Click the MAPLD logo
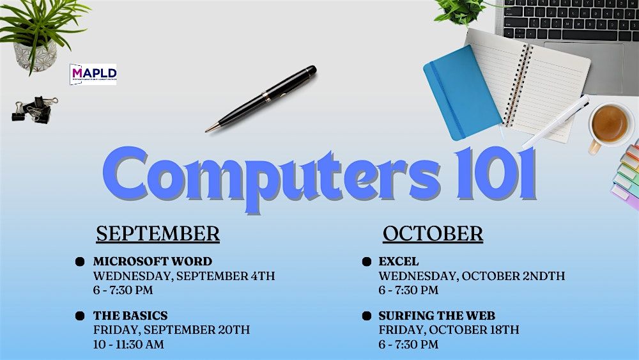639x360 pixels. pos(93,74)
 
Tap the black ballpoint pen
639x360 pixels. pos(261,98)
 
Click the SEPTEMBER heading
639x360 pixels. pos(158,233)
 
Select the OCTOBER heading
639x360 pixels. pos(433,233)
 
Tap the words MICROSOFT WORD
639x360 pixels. pos(153,262)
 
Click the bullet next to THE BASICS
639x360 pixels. pos(80,316)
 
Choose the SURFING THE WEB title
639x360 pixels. pos(436,316)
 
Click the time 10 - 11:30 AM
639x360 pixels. pos(128,344)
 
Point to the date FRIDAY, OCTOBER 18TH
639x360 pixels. pos(449,330)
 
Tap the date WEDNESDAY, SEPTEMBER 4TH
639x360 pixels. pos(184,276)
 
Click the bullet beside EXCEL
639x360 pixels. pos(366,262)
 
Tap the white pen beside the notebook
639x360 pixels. pos(557,121)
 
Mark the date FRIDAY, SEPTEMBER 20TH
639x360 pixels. pos(171,330)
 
